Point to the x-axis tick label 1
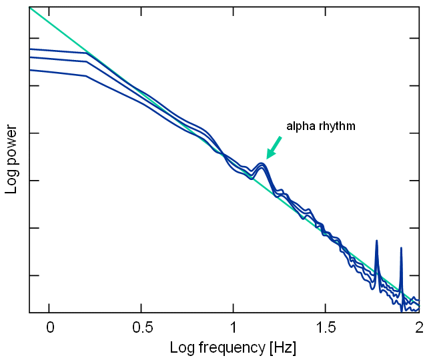coord(233,328)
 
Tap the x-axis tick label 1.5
coord(325,328)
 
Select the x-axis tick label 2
coord(418,328)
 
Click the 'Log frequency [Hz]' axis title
coord(233,347)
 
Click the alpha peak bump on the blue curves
coord(262,165)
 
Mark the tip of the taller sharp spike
coord(376,241)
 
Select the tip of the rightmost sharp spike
coord(401,248)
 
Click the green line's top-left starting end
coord(30,7)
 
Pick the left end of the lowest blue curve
coord(30,69)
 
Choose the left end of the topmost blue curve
coord(30,49)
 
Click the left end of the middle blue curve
coord(30,57)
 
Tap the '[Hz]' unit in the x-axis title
coord(282,347)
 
